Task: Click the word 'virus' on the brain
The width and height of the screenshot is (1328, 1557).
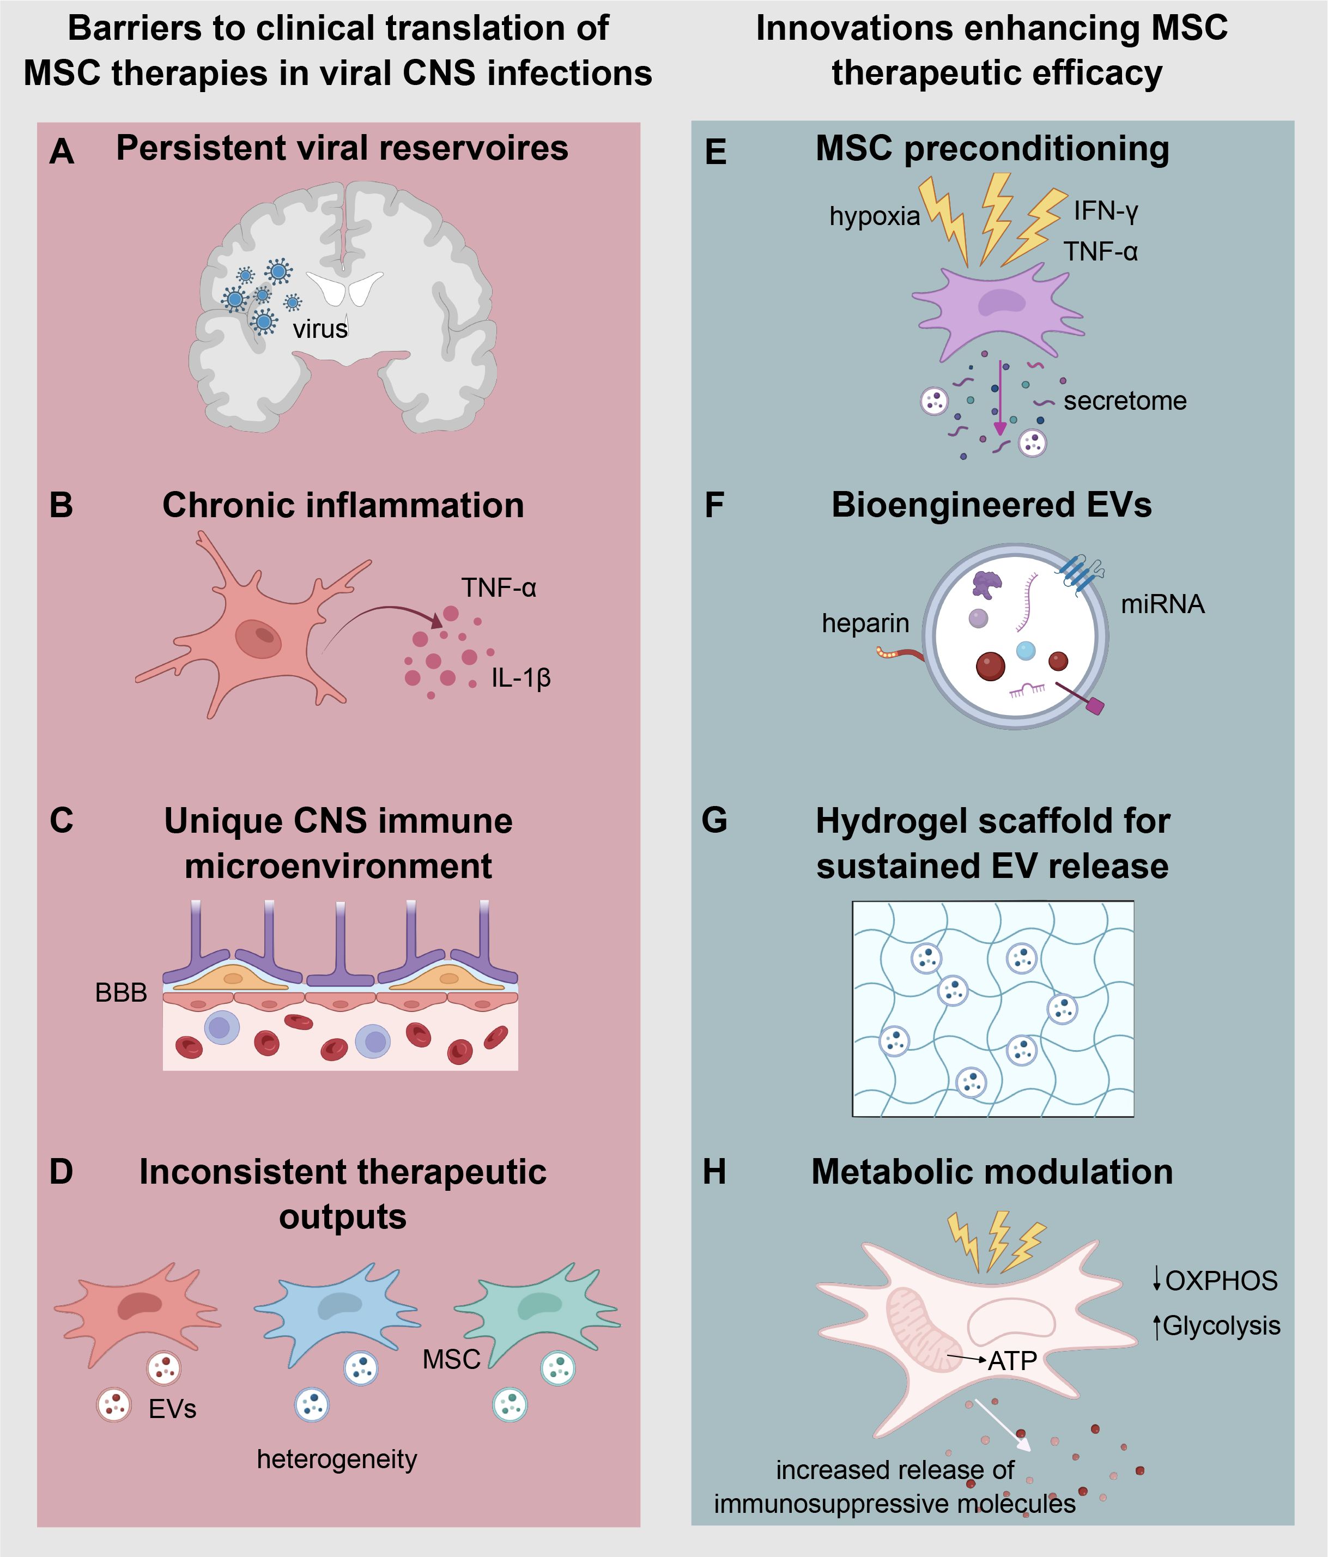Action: (320, 329)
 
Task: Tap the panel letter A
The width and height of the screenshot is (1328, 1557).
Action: (62, 152)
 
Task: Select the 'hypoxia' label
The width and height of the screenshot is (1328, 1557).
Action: (874, 216)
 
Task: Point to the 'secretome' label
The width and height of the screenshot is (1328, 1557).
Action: (1124, 401)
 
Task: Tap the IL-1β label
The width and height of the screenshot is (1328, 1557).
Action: (521, 678)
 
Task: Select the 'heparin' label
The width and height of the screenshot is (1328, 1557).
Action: (865, 623)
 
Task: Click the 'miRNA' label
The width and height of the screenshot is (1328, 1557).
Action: (1162, 604)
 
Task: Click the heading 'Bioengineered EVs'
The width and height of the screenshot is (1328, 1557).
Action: (991, 505)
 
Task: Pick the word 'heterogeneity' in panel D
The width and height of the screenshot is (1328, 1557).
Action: (337, 1459)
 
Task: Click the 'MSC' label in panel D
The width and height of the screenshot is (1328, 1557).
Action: (451, 1359)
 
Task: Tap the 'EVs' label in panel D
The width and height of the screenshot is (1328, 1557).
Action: (172, 1409)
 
